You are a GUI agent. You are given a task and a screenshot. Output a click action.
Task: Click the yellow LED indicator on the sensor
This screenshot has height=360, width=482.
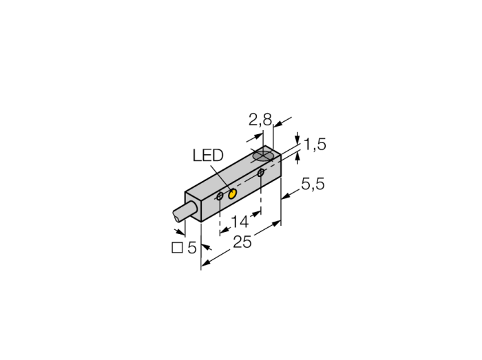232,194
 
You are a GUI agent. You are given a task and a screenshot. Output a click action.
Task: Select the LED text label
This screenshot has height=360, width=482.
208,156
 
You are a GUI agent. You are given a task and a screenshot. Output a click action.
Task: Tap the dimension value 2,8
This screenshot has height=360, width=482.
260,120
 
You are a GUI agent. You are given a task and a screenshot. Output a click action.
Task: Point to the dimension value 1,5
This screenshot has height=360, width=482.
315,144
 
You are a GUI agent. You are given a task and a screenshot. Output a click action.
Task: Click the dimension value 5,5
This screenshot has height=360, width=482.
313,184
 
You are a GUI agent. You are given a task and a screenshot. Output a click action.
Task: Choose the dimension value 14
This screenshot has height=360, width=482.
240,222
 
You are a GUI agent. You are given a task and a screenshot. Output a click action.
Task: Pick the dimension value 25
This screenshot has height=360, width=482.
242,242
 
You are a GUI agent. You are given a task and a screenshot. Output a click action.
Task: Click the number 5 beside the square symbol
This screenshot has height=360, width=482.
192,248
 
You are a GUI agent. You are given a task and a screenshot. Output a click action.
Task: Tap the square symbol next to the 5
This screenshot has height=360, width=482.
177,248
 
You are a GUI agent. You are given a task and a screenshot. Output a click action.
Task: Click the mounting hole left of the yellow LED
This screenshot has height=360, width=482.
220,196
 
